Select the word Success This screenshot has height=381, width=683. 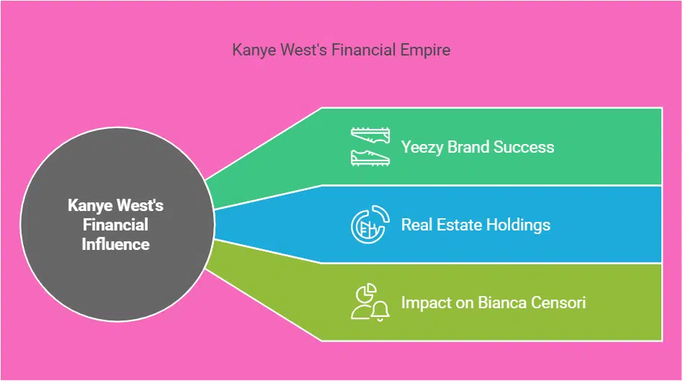coord(526,147)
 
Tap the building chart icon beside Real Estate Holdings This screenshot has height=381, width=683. coord(370,225)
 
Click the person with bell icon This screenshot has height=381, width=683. coord(370,302)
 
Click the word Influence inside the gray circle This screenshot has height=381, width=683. coord(116,244)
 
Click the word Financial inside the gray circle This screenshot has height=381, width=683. coord(116,225)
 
